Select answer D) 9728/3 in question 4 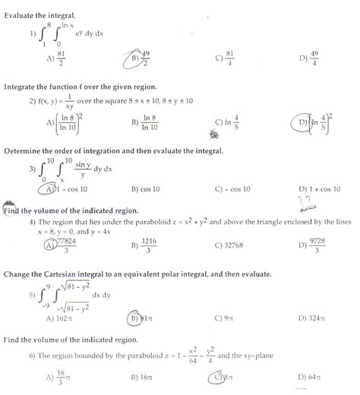click(x=313, y=245)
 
